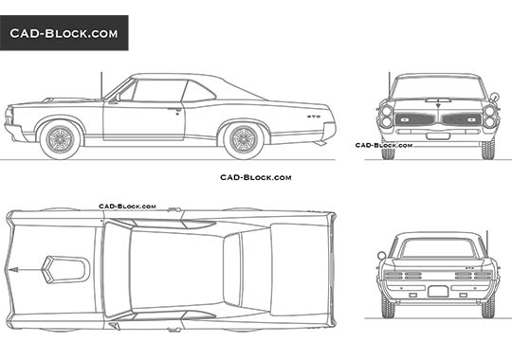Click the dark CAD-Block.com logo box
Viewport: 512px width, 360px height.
pyautogui.click(x=64, y=33)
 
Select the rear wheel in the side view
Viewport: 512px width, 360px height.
pyautogui.click(x=242, y=138)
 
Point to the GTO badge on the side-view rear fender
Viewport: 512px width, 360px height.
pyautogui.click(x=313, y=117)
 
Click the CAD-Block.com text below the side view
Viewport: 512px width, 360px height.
pyautogui.click(x=255, y=177)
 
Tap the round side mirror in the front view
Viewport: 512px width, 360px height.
pyautogui.click(x=494, y=97)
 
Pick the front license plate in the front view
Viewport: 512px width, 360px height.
pyautogui.click(x=438, y=135)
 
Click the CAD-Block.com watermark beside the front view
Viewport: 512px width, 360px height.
pyautogui.click(x=383, y=146)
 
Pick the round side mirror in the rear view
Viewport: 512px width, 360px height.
pyautogui.click(x=381, y=255)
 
